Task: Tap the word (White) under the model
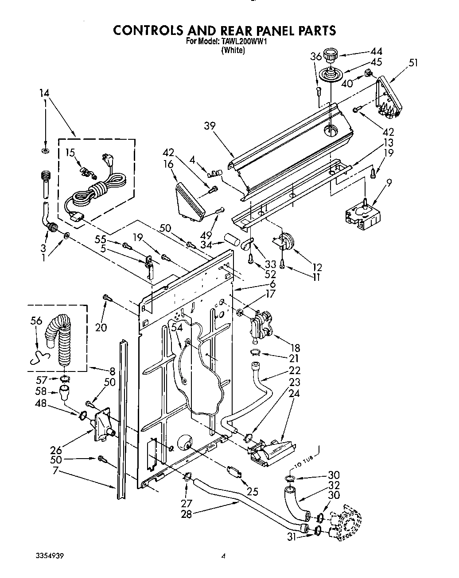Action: [233, 50]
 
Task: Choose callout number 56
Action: [37, 320]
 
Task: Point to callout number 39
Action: [210, 126]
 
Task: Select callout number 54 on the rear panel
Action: [177, 327]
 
